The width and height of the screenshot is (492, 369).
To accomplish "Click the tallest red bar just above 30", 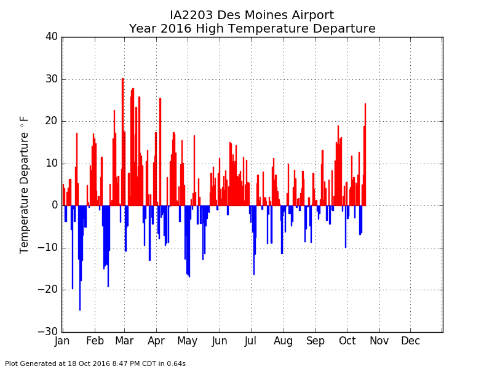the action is pyautogui.click(x=122, y=142).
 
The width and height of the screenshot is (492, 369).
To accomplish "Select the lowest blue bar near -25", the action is pyautogui.click(x=80, y=258).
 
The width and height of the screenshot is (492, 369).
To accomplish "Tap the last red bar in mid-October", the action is pyautogui.click(x=365, y=154).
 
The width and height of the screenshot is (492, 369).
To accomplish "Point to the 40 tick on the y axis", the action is pyautogui.click(x=52, y=37).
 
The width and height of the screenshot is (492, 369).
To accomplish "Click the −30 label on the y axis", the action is pyautogui.click(x=48, y=331).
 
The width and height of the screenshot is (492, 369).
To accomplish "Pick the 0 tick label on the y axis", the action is pyautogui.click(x=55, y=205).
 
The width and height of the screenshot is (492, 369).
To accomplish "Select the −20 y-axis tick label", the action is pyautogui.click(x=48, y=290).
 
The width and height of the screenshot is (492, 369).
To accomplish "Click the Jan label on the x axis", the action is pyautogui.click(x=62, y=341).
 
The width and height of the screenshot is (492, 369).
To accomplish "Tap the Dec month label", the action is pyautogui.click(x=410, y=341).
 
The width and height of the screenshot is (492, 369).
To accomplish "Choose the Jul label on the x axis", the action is pyautogui.click(x=251, y=341).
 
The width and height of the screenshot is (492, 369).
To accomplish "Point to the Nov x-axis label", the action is pyautogui.click(x=379, y=341).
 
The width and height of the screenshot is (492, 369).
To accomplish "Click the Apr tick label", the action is pyautogui.click(x=156, y=341).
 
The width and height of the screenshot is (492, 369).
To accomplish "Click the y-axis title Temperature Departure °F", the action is pyautogui.click(x=24, y=185).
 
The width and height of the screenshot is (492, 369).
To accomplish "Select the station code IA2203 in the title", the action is pyautogui.click(x=191, y=15).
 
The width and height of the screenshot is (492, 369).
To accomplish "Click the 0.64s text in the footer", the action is pyautogui.click(x=176, y=363).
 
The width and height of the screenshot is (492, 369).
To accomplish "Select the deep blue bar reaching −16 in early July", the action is pyautogui.click(x=254, y=240).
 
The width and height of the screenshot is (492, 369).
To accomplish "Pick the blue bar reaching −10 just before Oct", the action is pyautogui.click(x=346, y=227).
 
